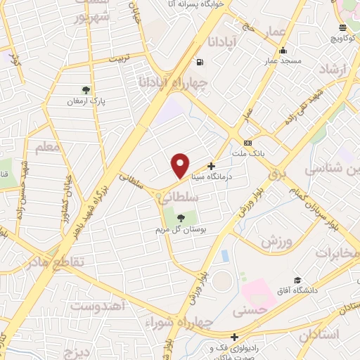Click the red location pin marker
pos(181,165)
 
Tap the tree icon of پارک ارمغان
pos(86,90)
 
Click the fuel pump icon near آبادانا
pos(201,62)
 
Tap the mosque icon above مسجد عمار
pos(283,50)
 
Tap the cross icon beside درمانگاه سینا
pos(211,167)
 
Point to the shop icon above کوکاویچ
pos(342,28)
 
